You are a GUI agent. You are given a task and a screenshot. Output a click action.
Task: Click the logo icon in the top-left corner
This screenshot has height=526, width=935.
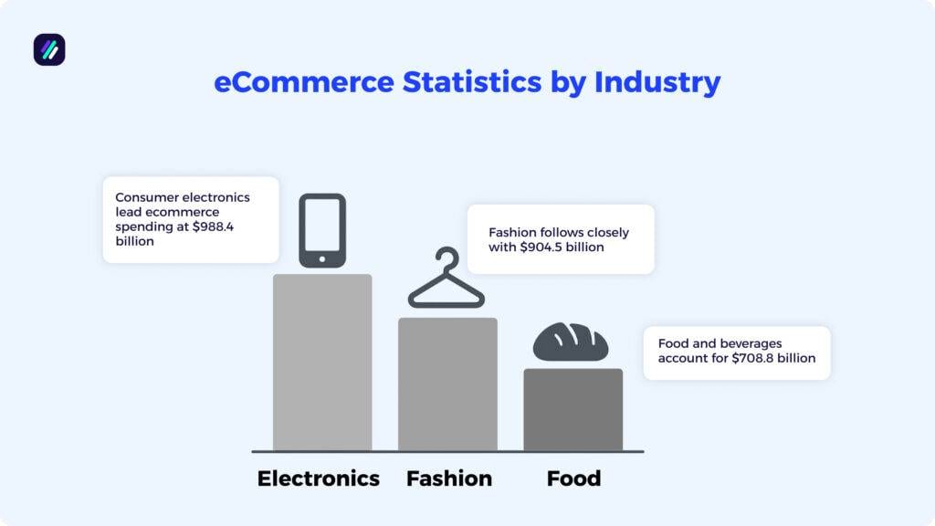49,49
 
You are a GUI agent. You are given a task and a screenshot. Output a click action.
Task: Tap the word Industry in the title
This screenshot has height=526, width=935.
657,82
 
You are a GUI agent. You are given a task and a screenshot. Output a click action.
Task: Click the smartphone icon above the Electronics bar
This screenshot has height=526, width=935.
322,229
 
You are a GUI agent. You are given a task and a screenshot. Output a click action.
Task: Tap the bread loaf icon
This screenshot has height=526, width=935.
571,342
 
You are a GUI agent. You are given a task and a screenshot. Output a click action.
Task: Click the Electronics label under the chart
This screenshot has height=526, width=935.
318,479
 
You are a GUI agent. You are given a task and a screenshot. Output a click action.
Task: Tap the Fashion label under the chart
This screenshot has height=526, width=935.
448,479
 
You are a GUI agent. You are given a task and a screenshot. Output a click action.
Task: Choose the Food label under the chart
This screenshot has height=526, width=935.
573,479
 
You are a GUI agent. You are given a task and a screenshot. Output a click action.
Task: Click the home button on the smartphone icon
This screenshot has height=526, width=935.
322,258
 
